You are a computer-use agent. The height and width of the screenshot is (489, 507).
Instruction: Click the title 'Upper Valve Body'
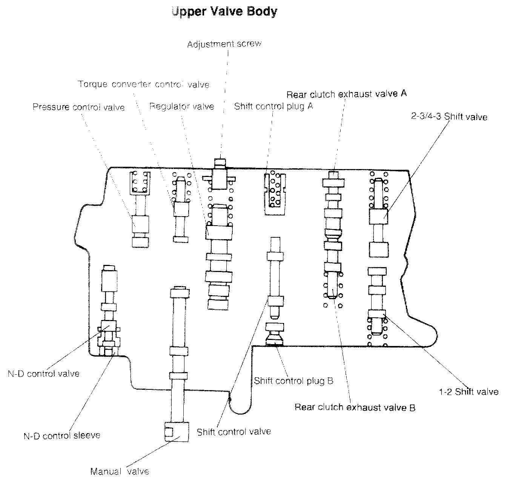tap(224, 11)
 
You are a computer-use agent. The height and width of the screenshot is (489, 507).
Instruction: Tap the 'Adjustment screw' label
tap(224, 44)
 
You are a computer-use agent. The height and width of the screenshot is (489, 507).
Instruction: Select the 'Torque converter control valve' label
tap(143, 84)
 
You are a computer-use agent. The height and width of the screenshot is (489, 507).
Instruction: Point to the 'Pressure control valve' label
tap(78, 107)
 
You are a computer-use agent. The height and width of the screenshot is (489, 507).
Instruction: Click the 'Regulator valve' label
tap(181, 106)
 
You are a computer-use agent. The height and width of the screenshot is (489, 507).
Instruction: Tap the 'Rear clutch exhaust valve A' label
tap(346, 94)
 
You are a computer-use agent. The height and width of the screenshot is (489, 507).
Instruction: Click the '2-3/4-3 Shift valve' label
tap(449, 117)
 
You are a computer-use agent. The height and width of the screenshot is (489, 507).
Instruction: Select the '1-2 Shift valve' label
tap(469, 392)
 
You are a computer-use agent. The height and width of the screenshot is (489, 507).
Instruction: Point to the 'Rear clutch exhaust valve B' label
tap(355, 407)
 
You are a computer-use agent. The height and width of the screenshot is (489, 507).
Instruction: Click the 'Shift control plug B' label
tap(293, 381)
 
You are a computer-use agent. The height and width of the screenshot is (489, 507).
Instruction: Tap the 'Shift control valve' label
tap(234, 432)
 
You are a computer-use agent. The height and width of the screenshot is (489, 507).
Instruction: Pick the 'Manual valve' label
tap(120, 471)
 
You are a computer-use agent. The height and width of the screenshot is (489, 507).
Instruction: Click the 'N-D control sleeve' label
tap(62, 435)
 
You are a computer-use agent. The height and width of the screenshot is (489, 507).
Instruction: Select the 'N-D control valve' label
tap(43, 374)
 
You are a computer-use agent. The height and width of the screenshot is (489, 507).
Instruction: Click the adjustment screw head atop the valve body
tap(220, 163)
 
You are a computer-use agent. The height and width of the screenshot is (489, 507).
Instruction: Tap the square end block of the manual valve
tap(176, 431)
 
